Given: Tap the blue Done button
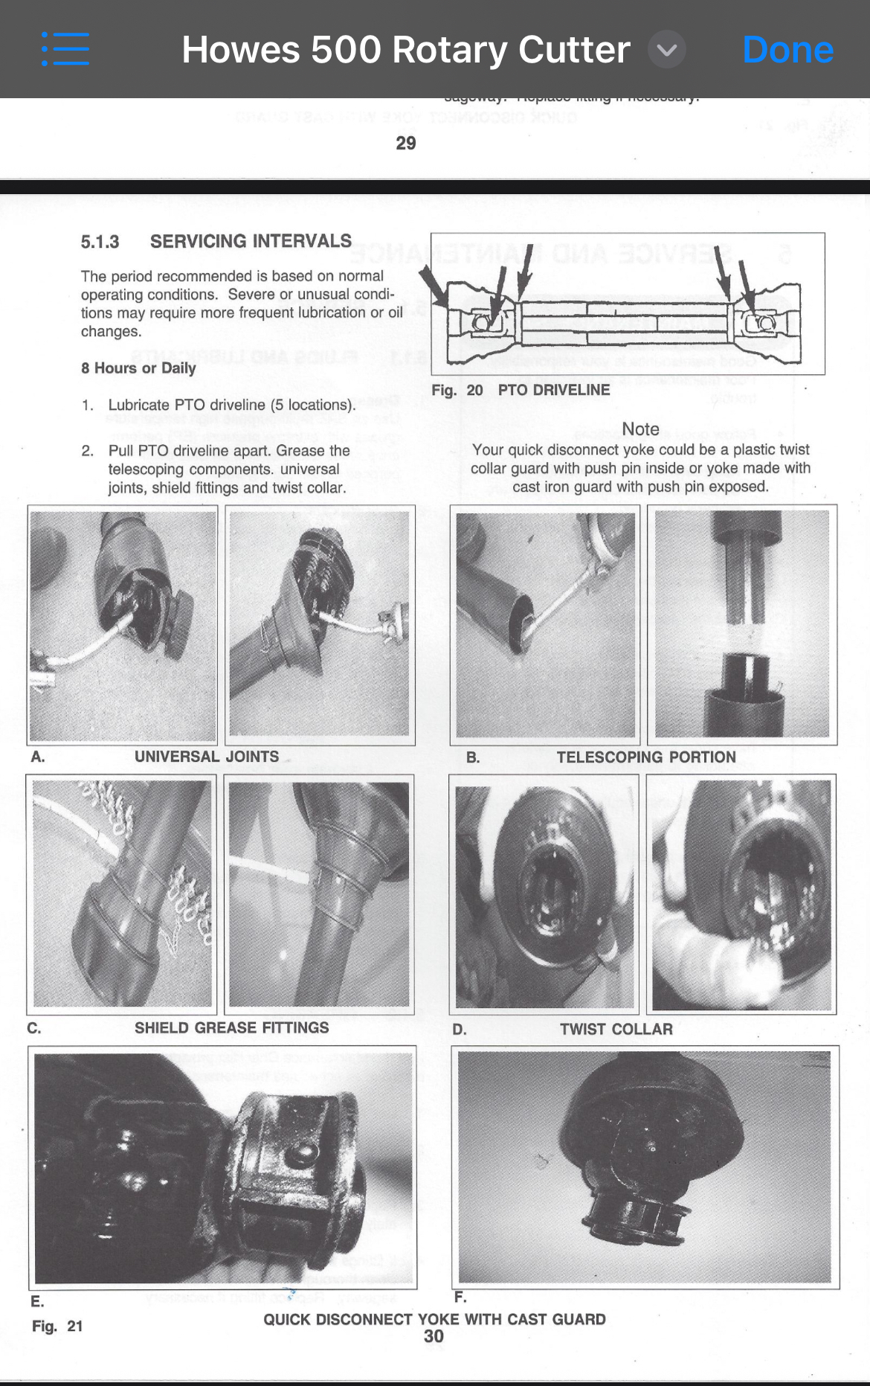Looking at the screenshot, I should coord(787,50).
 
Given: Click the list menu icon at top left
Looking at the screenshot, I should coord(65,49).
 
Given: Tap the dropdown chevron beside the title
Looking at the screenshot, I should coord(667,50).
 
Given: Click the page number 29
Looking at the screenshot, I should coord(406,143).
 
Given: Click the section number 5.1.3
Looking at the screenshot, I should coord(100,242).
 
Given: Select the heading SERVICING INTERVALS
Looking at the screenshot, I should coord(251,241).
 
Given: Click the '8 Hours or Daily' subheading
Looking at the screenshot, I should coord(138,368).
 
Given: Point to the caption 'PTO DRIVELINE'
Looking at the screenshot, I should coord(553,390).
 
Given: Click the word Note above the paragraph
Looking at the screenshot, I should coord(640,429).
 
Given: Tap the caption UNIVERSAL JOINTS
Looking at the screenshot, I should coord(207,757).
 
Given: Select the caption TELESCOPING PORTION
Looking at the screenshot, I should coord(646,757).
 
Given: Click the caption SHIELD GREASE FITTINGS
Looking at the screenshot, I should coord(231,1027).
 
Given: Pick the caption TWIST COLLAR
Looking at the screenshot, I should coord(616,1029).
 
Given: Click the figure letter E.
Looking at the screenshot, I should coord(37,1301).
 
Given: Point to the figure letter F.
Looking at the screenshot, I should coord(460,1297).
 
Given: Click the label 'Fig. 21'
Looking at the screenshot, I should coord(57,1326).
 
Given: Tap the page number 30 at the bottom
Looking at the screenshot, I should coord(434,1336).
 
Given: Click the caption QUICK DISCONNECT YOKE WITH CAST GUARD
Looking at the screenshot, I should coord(434,1319).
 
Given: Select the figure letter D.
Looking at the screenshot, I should coord(460,1030).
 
